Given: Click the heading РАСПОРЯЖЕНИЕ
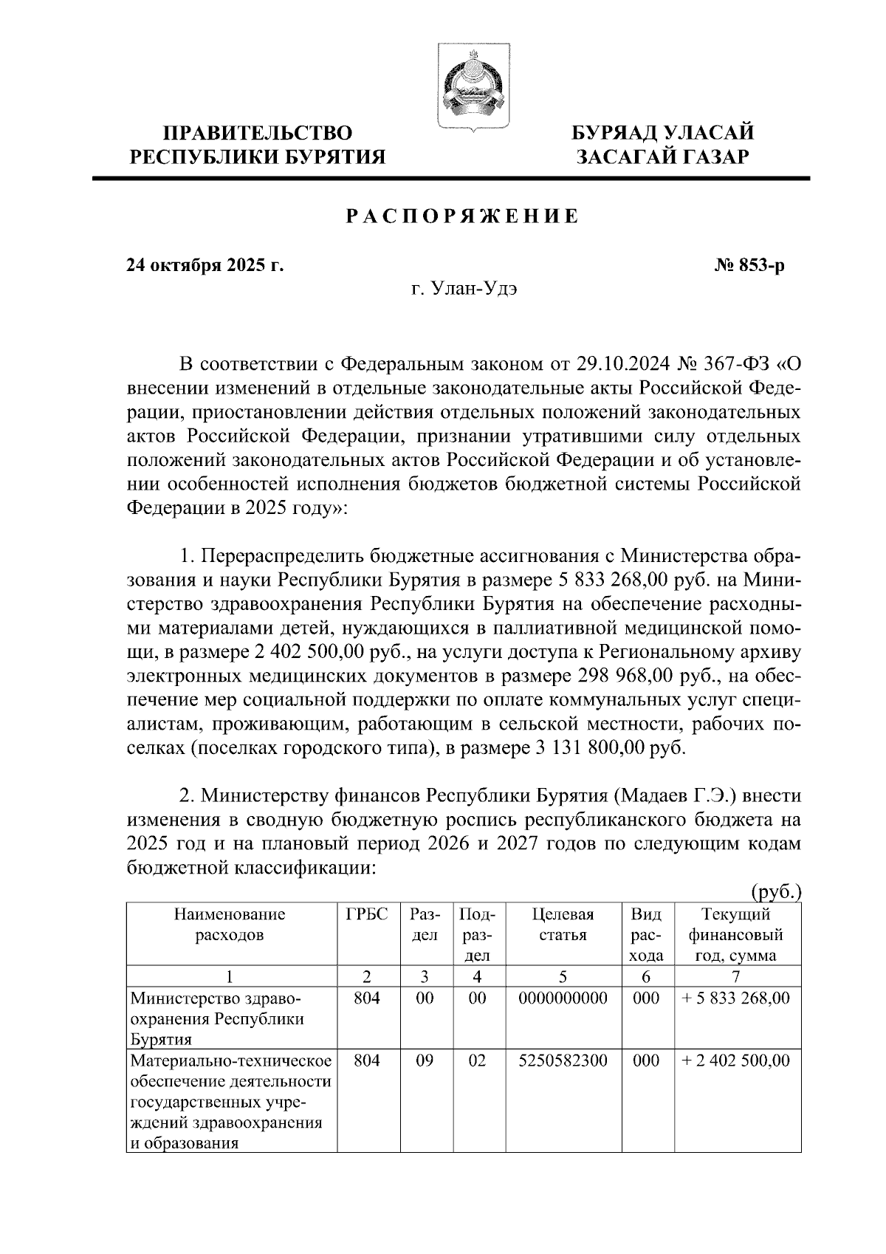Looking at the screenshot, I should [x=463, y=217].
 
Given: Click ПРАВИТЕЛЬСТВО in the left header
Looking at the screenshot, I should [x=258, y=133].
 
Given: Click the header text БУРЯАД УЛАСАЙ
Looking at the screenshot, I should [x=664, y=133].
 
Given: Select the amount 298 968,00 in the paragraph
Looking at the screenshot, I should [x=625, y=676].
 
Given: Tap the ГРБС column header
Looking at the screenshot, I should [x=367, y=914].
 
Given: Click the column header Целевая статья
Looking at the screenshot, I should [x=563, y=925].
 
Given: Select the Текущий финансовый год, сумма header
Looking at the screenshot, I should [x=736, y=934].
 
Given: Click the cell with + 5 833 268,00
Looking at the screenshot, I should [x=736, y=998].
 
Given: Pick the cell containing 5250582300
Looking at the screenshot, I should [x=563, y=1061].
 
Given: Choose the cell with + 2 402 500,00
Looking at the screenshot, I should [x=736, y=1061].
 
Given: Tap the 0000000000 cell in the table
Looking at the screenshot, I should [x=563, y=998].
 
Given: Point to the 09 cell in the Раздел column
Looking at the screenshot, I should [x=425, y=1061].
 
